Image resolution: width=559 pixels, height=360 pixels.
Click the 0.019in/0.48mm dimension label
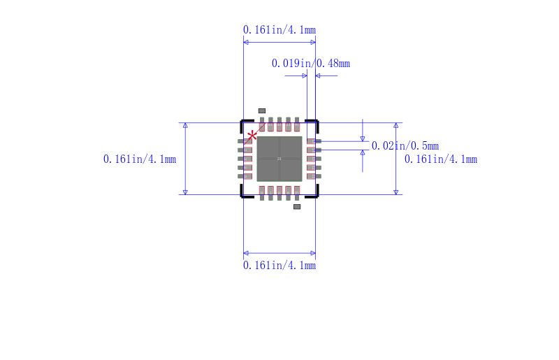(x=310, y=64)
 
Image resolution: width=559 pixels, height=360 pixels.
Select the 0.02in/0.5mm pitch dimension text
(x=405, y=146)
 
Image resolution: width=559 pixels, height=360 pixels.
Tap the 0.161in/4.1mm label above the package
(x=279, y=29)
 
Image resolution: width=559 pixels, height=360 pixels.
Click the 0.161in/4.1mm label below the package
(x=279, y=266)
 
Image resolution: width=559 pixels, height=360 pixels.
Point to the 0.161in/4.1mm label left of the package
(x=139, y=159)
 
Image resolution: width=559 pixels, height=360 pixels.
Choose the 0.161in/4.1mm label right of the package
(x=441, y=159)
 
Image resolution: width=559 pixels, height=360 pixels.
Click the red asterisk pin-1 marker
(x=252, y=135)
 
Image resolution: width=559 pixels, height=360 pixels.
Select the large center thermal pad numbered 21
(x=279, y=159)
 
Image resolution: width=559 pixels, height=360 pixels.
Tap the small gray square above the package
(x=262, y=110)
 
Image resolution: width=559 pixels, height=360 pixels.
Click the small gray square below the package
(x=296, y=207)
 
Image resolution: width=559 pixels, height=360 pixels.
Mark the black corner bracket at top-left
(x=245, y=124)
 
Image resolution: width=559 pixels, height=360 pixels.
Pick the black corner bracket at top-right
(x=314, y=124)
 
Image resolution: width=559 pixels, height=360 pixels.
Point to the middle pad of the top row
(x=279, y=124)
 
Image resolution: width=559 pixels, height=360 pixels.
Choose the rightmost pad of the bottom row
(x=297, y=193)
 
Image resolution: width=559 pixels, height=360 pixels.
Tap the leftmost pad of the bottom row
(x=262, y=193)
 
